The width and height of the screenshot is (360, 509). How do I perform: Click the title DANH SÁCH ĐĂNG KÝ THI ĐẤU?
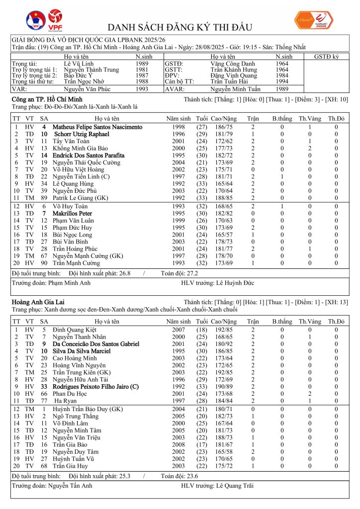click(x=180, y=27)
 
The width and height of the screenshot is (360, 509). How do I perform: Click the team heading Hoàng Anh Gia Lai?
click(x=36, y=302)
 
